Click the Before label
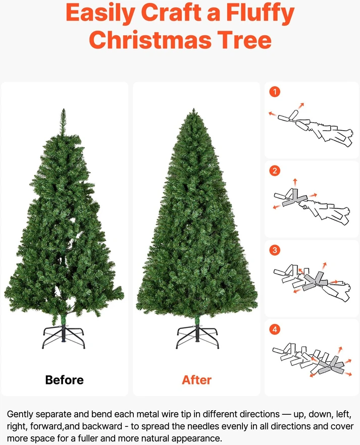[x=65, y=380]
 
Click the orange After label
[x=197, y=380]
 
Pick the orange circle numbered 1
[x=275, y=92]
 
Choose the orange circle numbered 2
[x=275, y=171]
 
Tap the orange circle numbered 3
[x=275, y=250]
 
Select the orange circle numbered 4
[x=275, y=329]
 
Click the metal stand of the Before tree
[x=63, y=337]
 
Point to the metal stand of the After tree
[x=197, y=337]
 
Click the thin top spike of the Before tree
[x=64, y=122]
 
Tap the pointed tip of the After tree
[x=194, y=109]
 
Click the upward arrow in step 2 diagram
[x=295, y=182]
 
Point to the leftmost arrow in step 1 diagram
[x=272, y=114]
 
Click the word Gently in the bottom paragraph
[x=20, y=414]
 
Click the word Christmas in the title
[x=151, y=40]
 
